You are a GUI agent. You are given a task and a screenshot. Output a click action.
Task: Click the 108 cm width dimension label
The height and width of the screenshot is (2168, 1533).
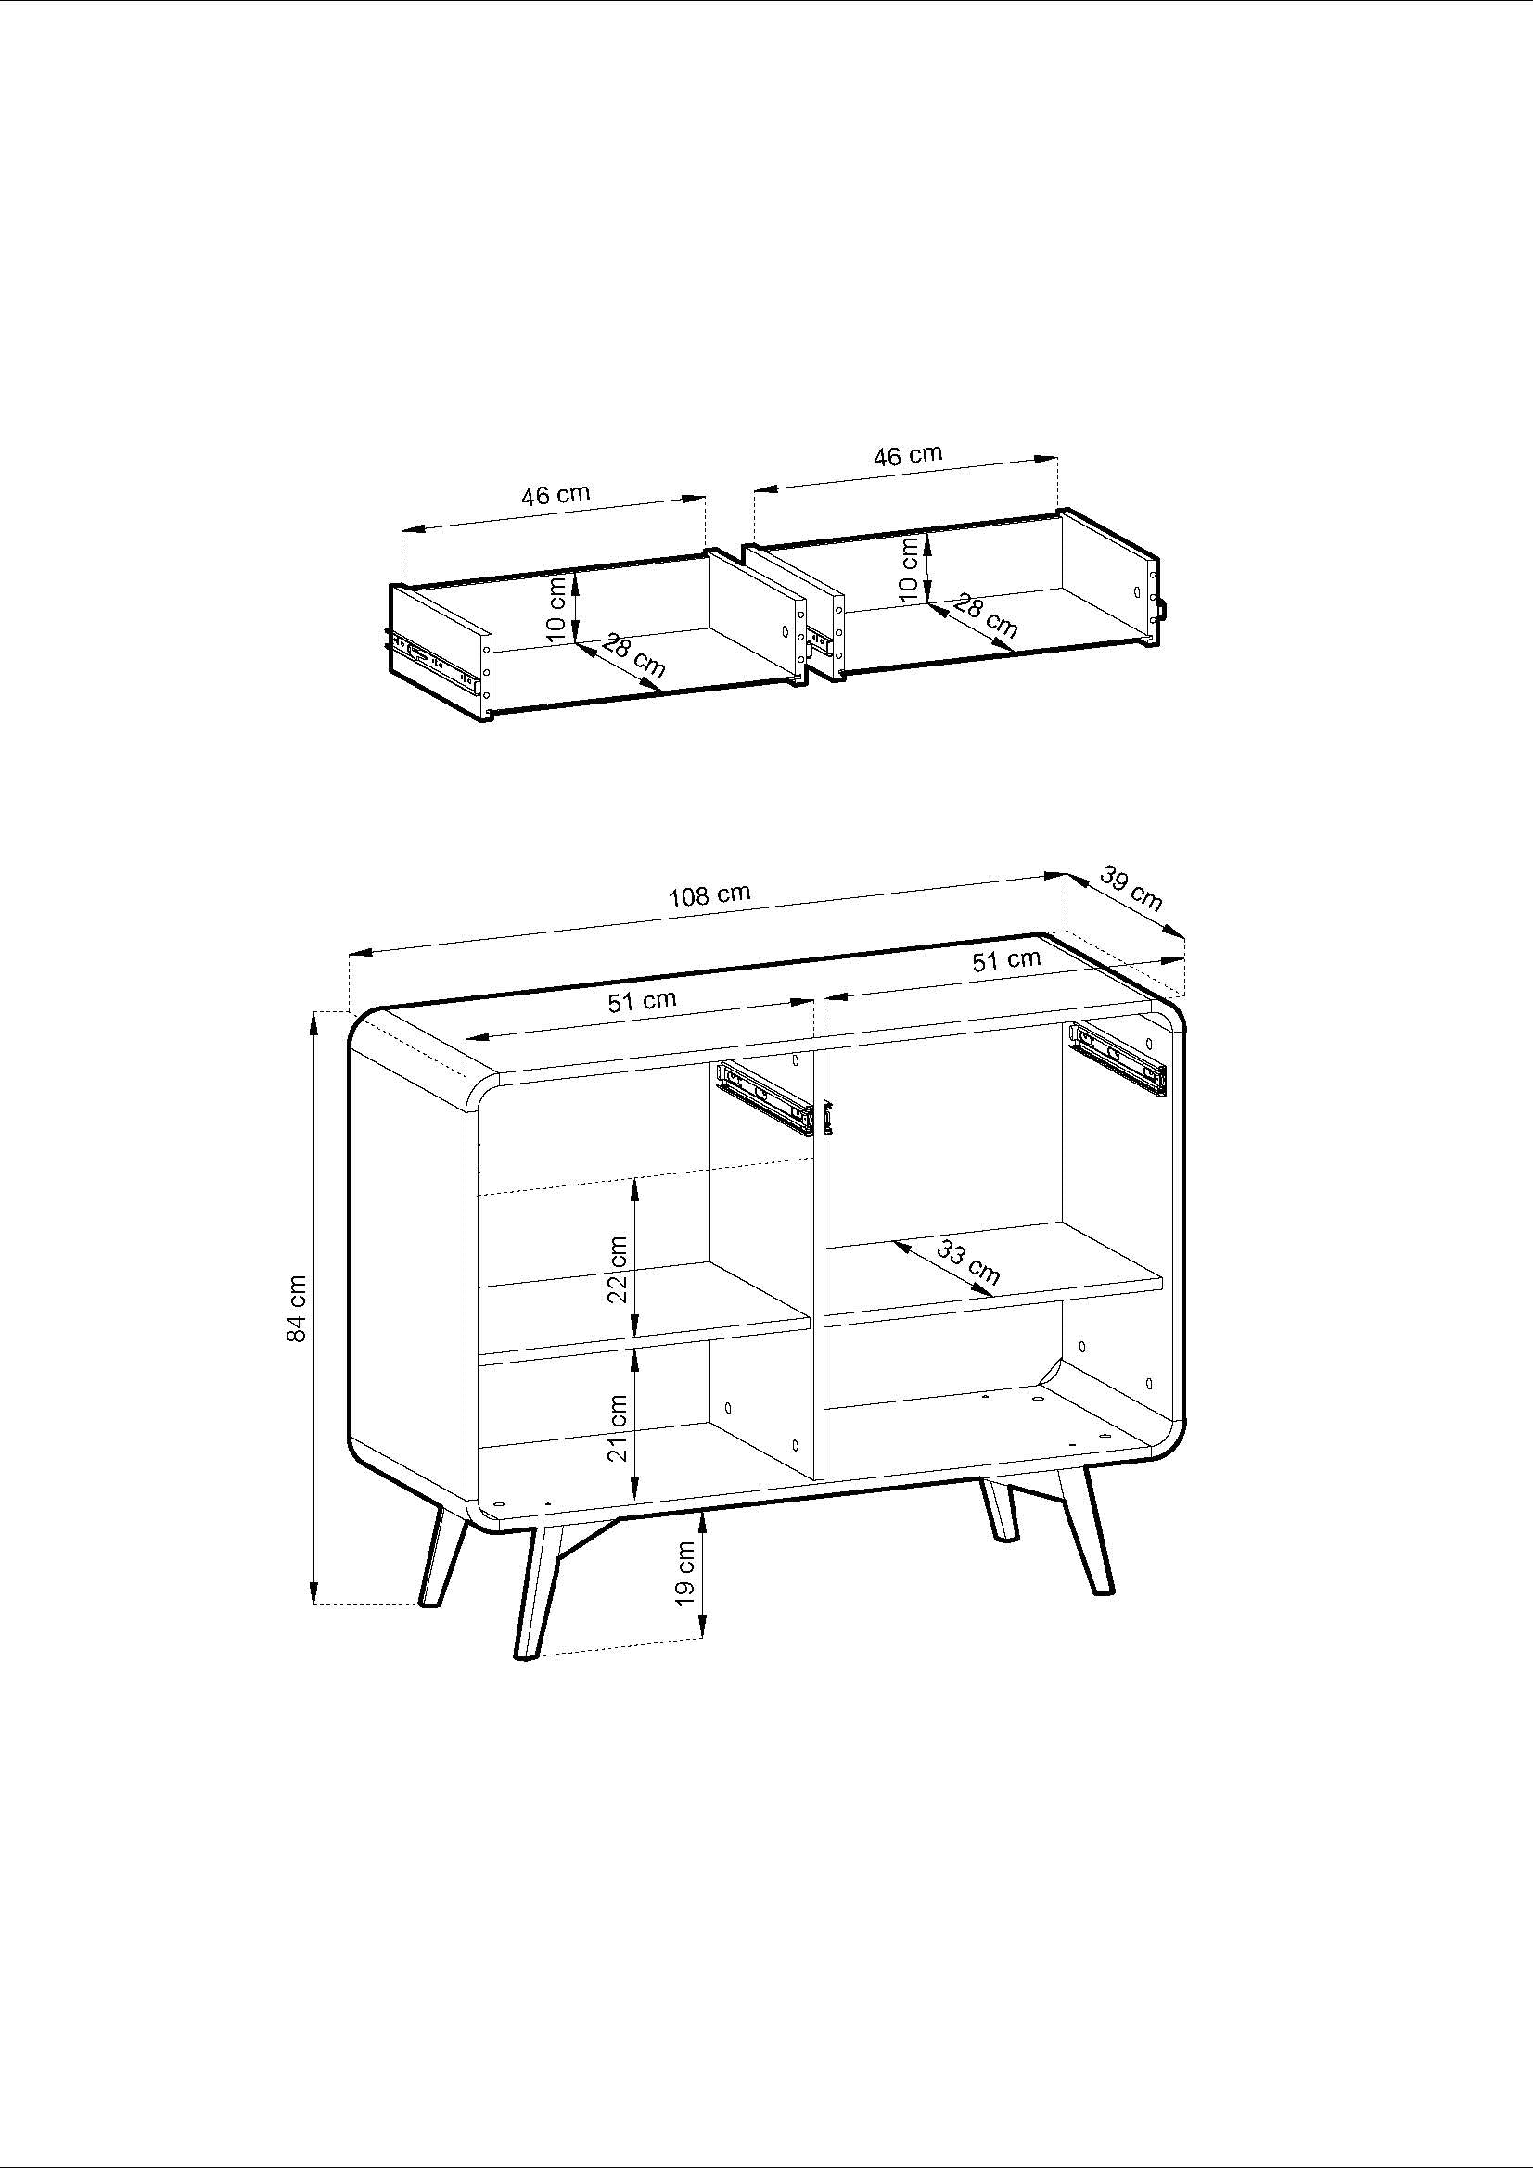[x=709, y=894]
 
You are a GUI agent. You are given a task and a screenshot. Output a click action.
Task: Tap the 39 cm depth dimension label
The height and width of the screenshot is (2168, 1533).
[x=1131, y=890]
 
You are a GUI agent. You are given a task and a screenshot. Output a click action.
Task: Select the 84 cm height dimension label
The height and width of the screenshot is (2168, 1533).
[x=298, y=1308]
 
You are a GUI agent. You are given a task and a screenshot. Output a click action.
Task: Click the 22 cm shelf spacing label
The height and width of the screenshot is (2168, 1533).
[x=618, y=1269]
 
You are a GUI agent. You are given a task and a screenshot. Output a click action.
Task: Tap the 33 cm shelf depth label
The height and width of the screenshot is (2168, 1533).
[x=968, y=1263]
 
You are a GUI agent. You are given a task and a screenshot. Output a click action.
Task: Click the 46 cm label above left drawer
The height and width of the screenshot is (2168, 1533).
[x=556, y=495]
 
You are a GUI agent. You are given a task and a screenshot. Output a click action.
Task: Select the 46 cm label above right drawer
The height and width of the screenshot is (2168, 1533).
[x=908, y=455]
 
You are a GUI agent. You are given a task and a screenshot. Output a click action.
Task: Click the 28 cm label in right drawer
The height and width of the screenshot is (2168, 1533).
[x=985, y=616]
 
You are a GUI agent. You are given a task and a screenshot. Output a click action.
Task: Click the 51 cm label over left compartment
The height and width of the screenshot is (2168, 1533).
[x=642, y=1000]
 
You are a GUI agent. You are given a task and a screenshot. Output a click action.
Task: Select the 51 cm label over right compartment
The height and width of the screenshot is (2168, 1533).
[x=1006, y=960]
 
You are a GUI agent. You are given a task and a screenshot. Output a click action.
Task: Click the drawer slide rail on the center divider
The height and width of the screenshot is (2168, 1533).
[x=765, y=1099]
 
